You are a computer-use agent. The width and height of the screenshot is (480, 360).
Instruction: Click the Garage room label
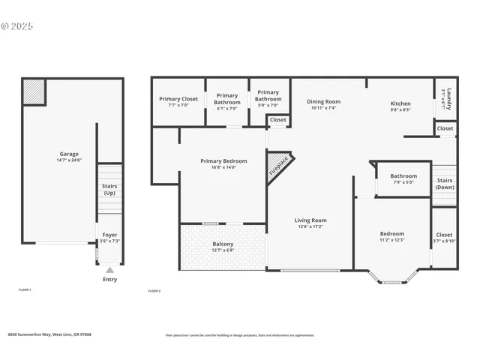pyautogui.click(x=68, y=154)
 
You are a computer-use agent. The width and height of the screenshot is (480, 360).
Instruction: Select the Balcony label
pyautogui.click(x=223, y=244)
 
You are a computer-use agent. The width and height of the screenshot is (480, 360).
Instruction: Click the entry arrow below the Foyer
pyautogui.click(x=109, y=270)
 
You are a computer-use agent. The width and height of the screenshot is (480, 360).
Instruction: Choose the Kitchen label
pyautogui.click(x=400, y=103)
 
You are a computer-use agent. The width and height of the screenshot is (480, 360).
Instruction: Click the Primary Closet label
pyautogui.click(x=178, y=99)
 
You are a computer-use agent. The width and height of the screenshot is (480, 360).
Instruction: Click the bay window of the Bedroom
pyautogui.click(x=391, y=281)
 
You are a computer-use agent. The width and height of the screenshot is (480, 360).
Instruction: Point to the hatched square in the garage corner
pyautogui.click(x=34, y=91)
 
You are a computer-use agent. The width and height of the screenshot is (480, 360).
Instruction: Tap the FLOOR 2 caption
pyautogui.click(x=154, y=290)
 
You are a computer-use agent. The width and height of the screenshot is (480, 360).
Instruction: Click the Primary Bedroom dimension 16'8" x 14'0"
pyautogui.click(x=223, y=168)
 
